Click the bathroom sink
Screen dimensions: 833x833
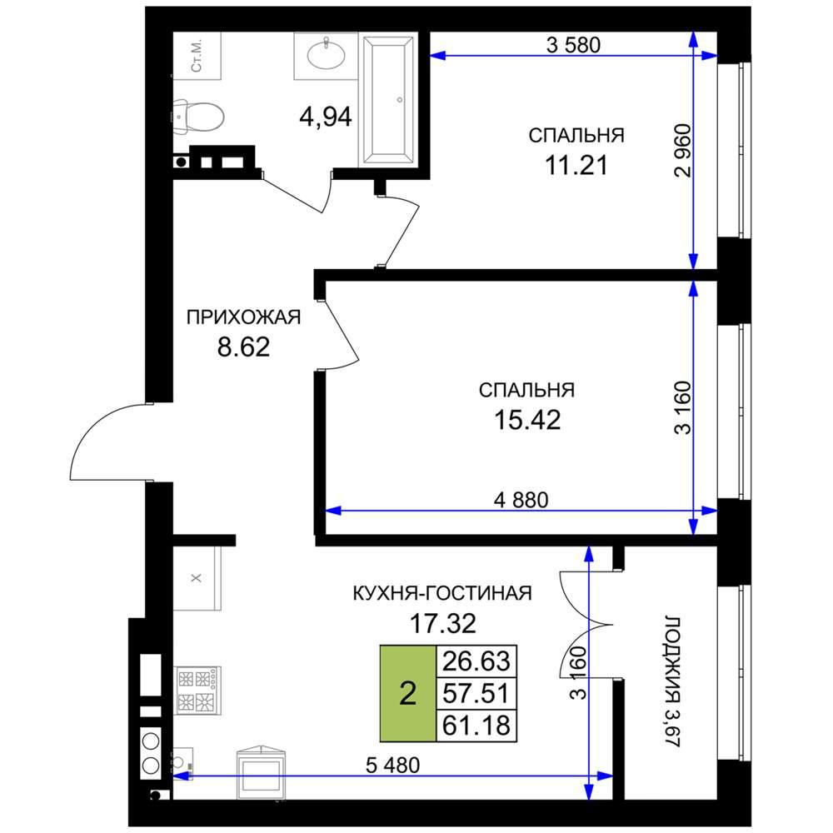coord(327,56)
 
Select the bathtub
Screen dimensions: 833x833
coord(387,99)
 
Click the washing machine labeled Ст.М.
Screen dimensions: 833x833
coord(197,55)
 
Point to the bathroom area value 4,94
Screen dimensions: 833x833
coord(326,117)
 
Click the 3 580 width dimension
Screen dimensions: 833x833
coord(573,45)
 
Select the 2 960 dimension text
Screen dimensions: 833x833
coord(682,150)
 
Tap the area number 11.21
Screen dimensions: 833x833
coord(576,166)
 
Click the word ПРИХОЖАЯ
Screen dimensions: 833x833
coord(243,317)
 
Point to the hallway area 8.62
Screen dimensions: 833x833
coord(244,347)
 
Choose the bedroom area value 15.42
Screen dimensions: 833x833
coord(527,420)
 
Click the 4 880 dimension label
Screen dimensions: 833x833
coord(521,500)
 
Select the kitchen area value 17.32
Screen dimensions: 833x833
coord(442,623)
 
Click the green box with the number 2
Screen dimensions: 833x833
coord(407,693)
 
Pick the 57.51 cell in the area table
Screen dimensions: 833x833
coord(476,693)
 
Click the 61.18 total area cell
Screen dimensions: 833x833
coord(476,726)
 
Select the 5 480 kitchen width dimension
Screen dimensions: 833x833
coord(392,765)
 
